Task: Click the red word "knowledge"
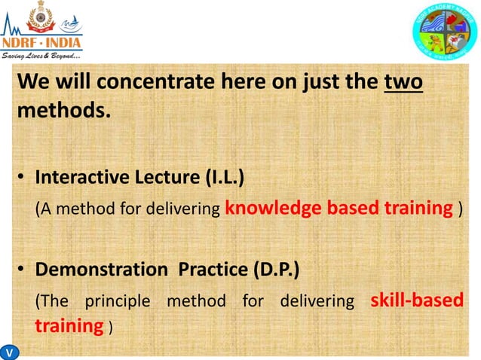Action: [269, 208]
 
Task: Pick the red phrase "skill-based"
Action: [417, 301]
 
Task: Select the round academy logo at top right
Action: [445, 31]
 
